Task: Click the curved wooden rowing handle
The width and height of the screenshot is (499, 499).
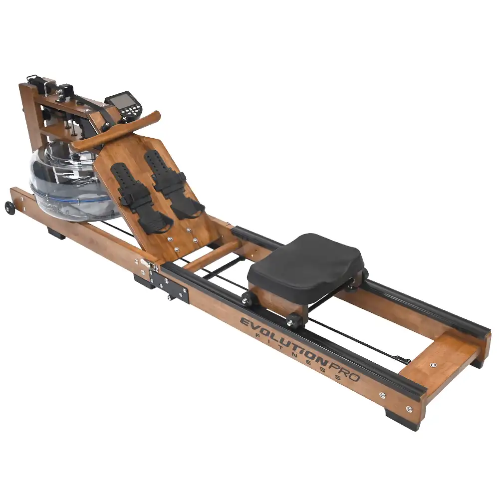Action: [x=115, y=130]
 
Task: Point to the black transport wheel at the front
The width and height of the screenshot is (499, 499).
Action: [x=10, y=207]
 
